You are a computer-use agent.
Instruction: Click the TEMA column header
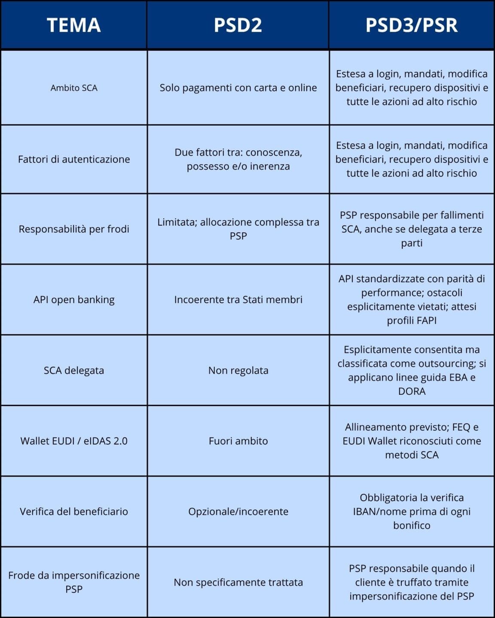(73, 25)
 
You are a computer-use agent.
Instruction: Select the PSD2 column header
(238, 25)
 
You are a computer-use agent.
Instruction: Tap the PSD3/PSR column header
(411, 25)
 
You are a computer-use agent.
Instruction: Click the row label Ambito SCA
(74, 88)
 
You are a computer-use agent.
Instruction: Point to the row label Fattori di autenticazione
(74, 159)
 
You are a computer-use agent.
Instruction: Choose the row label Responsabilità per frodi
(74, 229)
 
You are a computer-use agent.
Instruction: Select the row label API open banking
(74, 300)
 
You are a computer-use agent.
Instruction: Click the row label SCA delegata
(74, 370)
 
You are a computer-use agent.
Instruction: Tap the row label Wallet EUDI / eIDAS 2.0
(74, 441)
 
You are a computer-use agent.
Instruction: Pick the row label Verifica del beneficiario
(74, 512)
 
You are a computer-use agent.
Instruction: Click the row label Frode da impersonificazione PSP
(74, 582)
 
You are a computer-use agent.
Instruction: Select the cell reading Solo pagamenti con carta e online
(238, 88)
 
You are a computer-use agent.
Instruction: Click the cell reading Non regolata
(238, 370)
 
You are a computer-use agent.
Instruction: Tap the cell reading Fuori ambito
(238, 441)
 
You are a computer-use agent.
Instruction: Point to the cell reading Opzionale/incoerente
(238, 512)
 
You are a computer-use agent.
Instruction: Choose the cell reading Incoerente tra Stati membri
(238, 300)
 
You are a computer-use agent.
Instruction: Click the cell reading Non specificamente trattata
(238, 582)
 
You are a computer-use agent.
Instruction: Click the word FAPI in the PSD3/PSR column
(425, 321)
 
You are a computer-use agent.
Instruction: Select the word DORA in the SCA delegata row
(412, 391)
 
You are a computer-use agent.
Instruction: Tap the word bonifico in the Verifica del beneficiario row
(412, 525)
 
